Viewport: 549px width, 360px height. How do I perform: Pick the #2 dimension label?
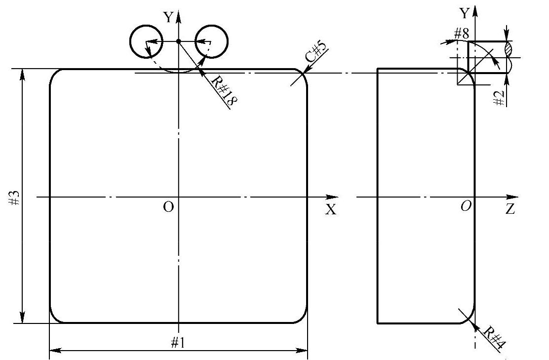(x=500, y=97)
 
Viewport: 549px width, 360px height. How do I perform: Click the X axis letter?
(x=330, y=210)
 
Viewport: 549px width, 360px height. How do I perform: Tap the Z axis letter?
(x=510, y=209)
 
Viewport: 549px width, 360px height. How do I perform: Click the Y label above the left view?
(x=169, y=18)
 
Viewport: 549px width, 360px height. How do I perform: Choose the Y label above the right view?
(x=464, y=13)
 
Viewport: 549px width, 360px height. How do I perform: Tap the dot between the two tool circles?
(x=179, y=41)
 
